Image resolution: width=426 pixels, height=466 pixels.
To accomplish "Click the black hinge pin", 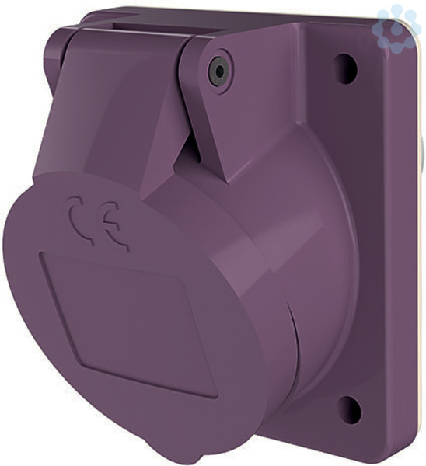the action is coord(220,71).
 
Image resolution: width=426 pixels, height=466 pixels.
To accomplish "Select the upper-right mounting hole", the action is coord(346,68).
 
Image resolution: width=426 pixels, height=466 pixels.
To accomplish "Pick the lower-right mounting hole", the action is coord(350,412).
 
